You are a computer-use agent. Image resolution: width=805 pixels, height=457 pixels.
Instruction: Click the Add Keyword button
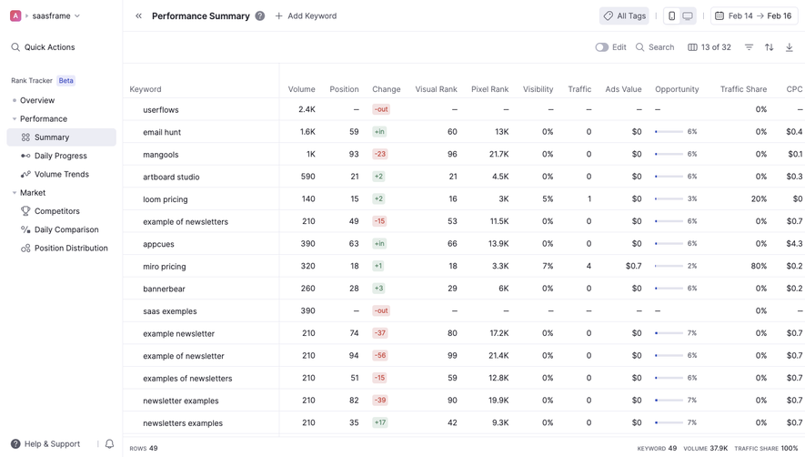306,16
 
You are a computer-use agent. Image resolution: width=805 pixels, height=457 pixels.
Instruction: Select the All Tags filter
624,16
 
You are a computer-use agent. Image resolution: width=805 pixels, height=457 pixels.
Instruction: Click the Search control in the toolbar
655,47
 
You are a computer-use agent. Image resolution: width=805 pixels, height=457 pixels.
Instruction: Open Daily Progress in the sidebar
60,156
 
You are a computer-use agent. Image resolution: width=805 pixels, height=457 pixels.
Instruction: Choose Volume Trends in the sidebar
61,174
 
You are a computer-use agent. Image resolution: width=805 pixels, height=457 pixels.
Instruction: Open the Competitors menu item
56,211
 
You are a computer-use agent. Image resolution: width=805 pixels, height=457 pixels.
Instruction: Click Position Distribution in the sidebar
70,248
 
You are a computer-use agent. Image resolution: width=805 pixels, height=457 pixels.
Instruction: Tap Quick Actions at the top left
49,47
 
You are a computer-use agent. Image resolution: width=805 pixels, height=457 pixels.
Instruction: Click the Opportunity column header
677,89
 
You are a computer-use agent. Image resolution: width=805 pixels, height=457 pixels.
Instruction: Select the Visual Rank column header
436,89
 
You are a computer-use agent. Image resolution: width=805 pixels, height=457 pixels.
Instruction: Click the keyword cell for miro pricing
165,267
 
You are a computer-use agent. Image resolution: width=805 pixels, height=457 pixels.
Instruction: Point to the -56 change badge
379,356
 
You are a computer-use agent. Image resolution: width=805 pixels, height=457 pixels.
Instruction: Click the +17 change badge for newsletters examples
379,422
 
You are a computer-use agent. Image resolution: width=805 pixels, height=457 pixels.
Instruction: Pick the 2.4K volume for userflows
307,109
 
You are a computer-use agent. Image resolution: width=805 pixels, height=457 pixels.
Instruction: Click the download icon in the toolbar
789,47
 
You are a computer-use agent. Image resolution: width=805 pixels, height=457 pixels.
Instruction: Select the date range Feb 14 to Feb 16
754,16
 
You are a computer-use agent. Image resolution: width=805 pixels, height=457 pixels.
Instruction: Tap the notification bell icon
109,444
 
